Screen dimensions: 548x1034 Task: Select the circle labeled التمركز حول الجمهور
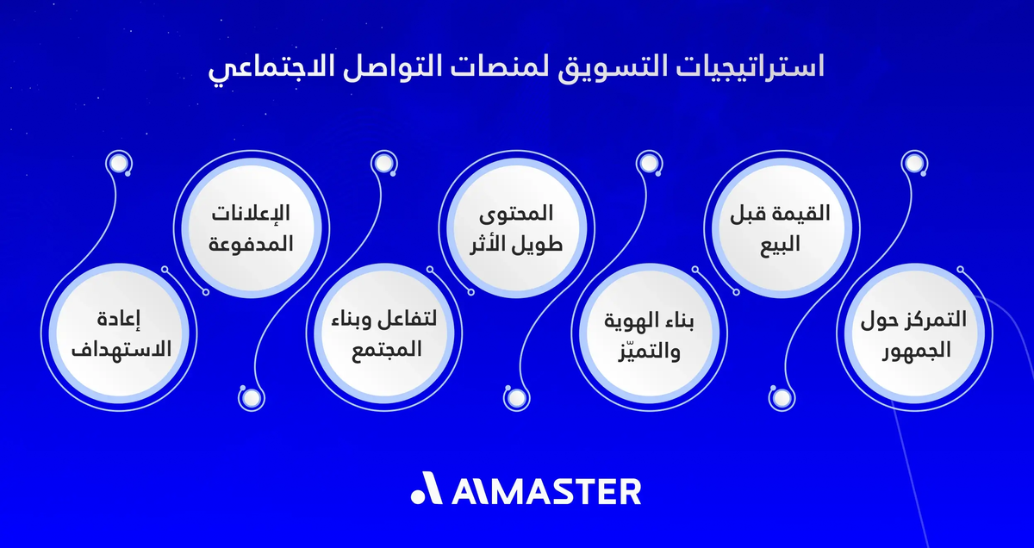913,335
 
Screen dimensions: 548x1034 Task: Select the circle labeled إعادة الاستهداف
121,335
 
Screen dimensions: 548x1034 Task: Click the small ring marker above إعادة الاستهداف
116,163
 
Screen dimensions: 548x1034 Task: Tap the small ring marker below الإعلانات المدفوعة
249,397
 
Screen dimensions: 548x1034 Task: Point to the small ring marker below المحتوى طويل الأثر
515,397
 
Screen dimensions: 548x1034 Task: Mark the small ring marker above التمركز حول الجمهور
913,163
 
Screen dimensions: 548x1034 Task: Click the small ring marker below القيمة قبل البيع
781,397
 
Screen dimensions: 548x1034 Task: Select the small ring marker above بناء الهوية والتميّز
647,163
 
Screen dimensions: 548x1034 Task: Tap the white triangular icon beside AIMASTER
427,490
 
